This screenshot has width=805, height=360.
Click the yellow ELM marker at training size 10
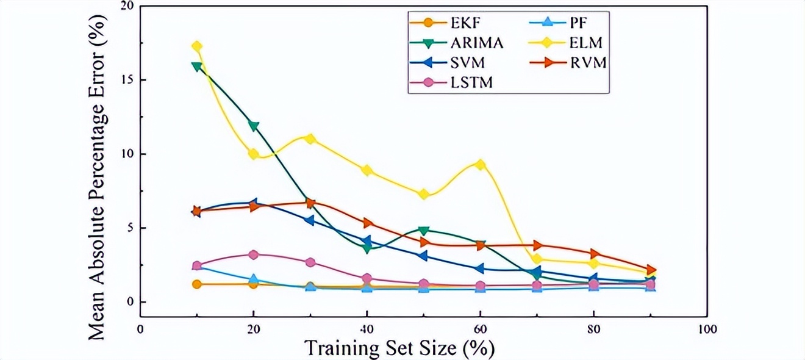click(x=197, y=46)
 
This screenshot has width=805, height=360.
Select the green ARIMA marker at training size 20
click(x=254, y=126)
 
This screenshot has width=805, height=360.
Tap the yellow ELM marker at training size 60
click(x=481, y=165)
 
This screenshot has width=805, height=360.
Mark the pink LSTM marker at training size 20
click(x=254, y=254)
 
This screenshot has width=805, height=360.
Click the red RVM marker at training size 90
click(x=651, y=270)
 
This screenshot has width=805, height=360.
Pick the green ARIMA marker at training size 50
click(x=424, y=231)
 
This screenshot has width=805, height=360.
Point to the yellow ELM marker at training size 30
click(x=310, y=139)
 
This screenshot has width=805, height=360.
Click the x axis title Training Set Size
click(x=399, y=348)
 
